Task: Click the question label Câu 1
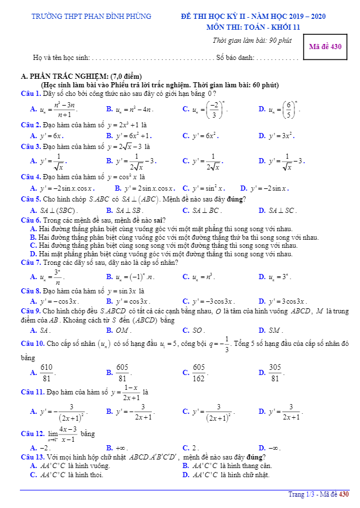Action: pos(30,93)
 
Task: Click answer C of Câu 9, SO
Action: pos(197,330)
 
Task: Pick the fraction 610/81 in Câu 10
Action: pos(47,372)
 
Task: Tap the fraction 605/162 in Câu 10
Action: pos(199,372)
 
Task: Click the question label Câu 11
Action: pos(32,393)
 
